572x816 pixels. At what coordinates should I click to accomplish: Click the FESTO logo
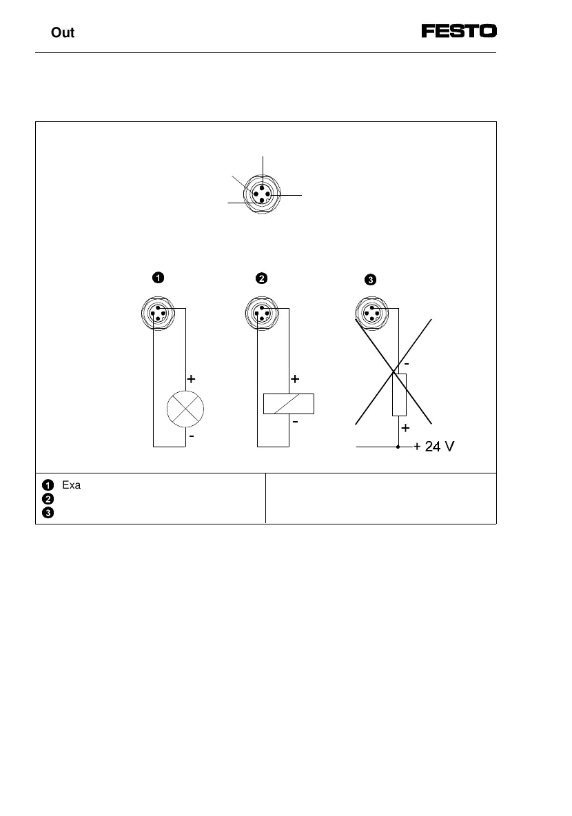[x=459, y=32]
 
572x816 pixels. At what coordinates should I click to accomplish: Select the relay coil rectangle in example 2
[x=289, y=403]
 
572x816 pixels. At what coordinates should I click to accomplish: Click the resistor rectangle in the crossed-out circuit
[x=400, y=394]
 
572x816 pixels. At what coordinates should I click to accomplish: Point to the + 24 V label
[x=433, y=447]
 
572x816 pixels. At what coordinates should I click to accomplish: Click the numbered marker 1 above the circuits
[x=158, y=278]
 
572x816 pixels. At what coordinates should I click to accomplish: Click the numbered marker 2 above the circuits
[x=261, y=278]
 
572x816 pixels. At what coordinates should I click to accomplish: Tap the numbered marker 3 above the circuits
[x=370, y=280]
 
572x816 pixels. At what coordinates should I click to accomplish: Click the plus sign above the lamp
[x=192, y=379]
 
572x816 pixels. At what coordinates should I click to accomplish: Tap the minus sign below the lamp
[x=192, y=437]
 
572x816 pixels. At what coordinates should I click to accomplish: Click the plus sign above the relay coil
[x=295, y=379]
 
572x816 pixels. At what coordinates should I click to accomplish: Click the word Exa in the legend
[x=72, y=484]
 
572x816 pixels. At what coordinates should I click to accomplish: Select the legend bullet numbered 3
[x=47, y=512]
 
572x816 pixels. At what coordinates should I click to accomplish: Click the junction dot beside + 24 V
[x=399, y=447]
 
